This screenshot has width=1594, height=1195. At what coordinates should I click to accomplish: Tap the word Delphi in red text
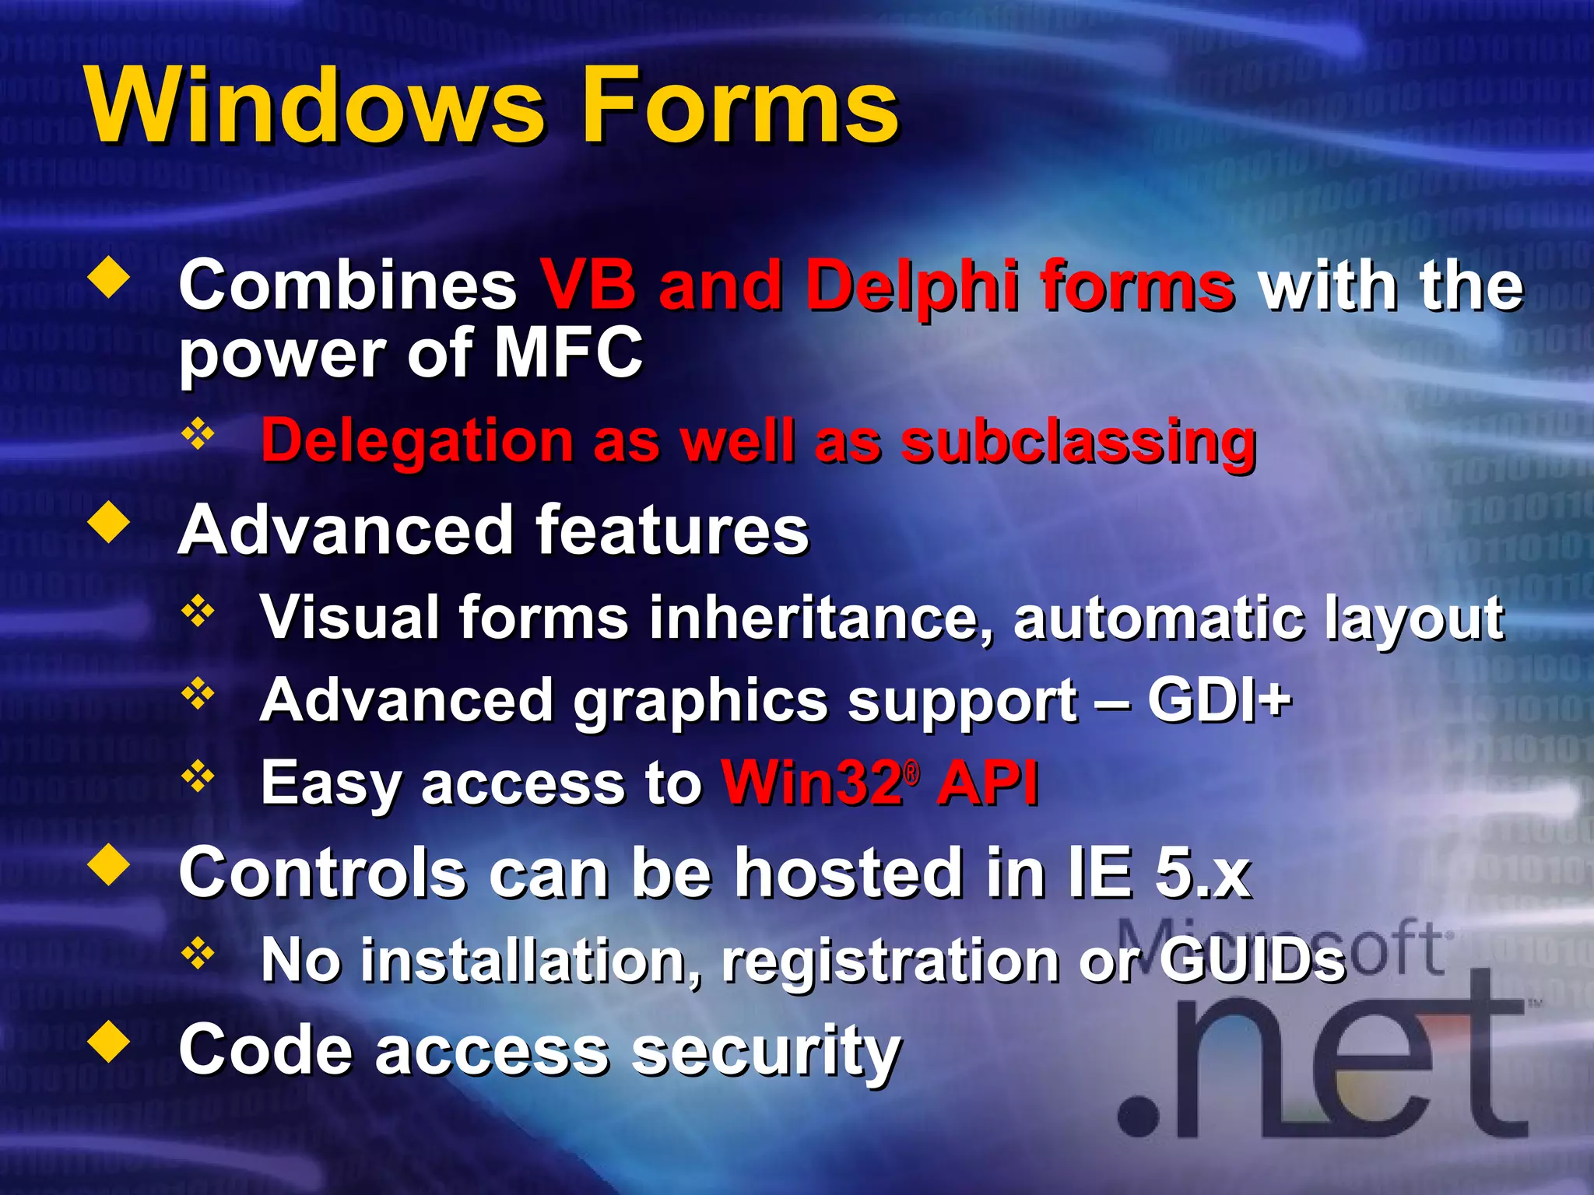pyautogui.click(x=911, y=286)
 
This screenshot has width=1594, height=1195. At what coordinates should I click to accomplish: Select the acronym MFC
pyautogui.click(x=568, y=352)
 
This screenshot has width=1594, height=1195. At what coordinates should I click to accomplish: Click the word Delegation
pyautogui.click(x=417, y=441)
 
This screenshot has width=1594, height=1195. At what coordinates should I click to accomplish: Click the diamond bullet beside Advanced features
pyautogui.click(x=110, y=523)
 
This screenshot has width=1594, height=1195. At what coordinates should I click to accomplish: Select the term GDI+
pyautogui.click(x=1219, y=699)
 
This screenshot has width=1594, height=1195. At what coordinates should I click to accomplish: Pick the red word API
pyautogui.click(x=987, y=782)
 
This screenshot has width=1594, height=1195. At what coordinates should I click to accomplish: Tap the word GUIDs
pyautogui.click(x=1252, y=960)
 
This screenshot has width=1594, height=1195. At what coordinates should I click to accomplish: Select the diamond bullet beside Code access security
pyautogui.click(x=110, y=1043)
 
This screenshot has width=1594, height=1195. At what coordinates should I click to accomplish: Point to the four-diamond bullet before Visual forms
pyautogui.click(x=198, y=612)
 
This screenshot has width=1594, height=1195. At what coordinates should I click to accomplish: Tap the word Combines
pyautogui.click(x=348, y=286)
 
